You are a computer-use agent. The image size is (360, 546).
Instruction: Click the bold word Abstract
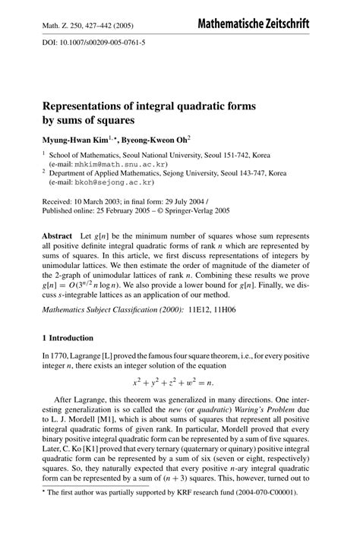click(58, 238)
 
